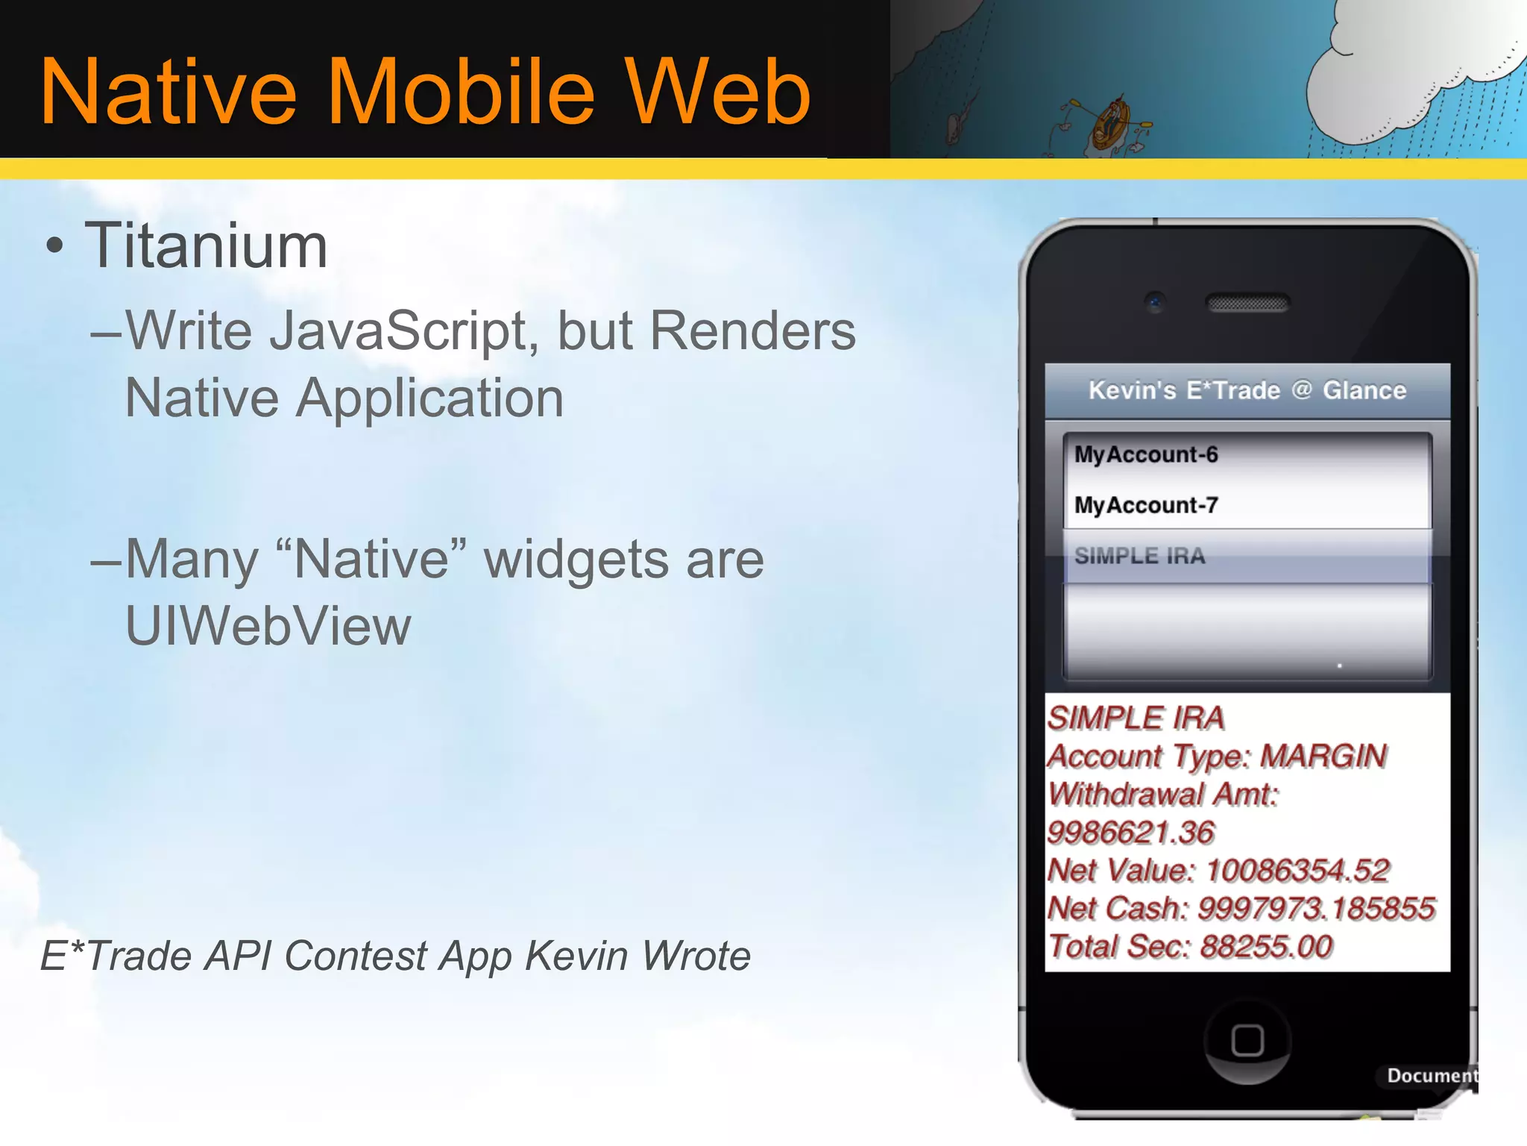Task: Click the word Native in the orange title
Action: click(x=169, y=93)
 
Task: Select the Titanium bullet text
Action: click(x=206, y=246)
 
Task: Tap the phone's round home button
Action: click(x=1247, y=1041)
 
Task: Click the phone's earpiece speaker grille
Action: click(x=1247, y=304)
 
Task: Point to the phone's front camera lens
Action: click(x=1155, y=302)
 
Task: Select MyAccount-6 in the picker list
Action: click(x=1146, y=454)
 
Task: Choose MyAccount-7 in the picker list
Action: click(x=1146, y=505)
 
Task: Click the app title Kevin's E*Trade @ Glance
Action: click(x=1247, y=390)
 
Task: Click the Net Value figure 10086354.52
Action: click(x=1297, y=871)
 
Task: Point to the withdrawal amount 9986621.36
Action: click(x=1130, y=833)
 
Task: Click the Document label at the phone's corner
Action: click(x=1430, y=1075)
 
